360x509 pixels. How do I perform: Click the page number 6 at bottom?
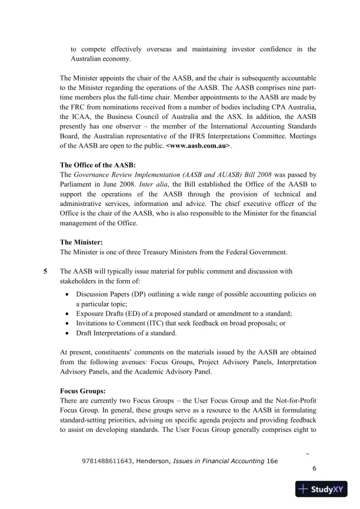[x=314, y=469]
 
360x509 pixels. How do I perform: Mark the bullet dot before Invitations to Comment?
[x=71, y=324]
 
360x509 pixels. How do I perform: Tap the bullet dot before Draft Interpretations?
[x=71, y=334]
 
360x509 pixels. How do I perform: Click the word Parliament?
[x=79, y=184]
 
